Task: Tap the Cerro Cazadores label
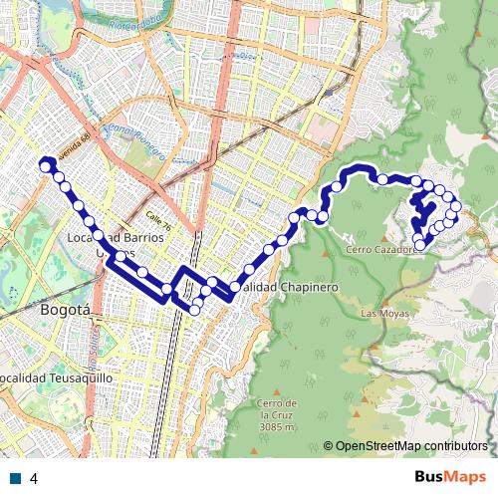[x=378, y=250]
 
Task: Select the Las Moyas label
[x=383, y=314]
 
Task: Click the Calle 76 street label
[x=159, y=219]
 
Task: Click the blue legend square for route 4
[x=15, y=478]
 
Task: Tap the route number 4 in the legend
[x=34, y=478]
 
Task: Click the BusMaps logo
[x=450, y=476]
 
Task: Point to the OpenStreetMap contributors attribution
[x=411, y=446]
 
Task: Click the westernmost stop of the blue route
[x=44, y=165]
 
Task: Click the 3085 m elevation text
[x=278, y=427]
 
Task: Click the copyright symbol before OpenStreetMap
[x=328, y=446]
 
